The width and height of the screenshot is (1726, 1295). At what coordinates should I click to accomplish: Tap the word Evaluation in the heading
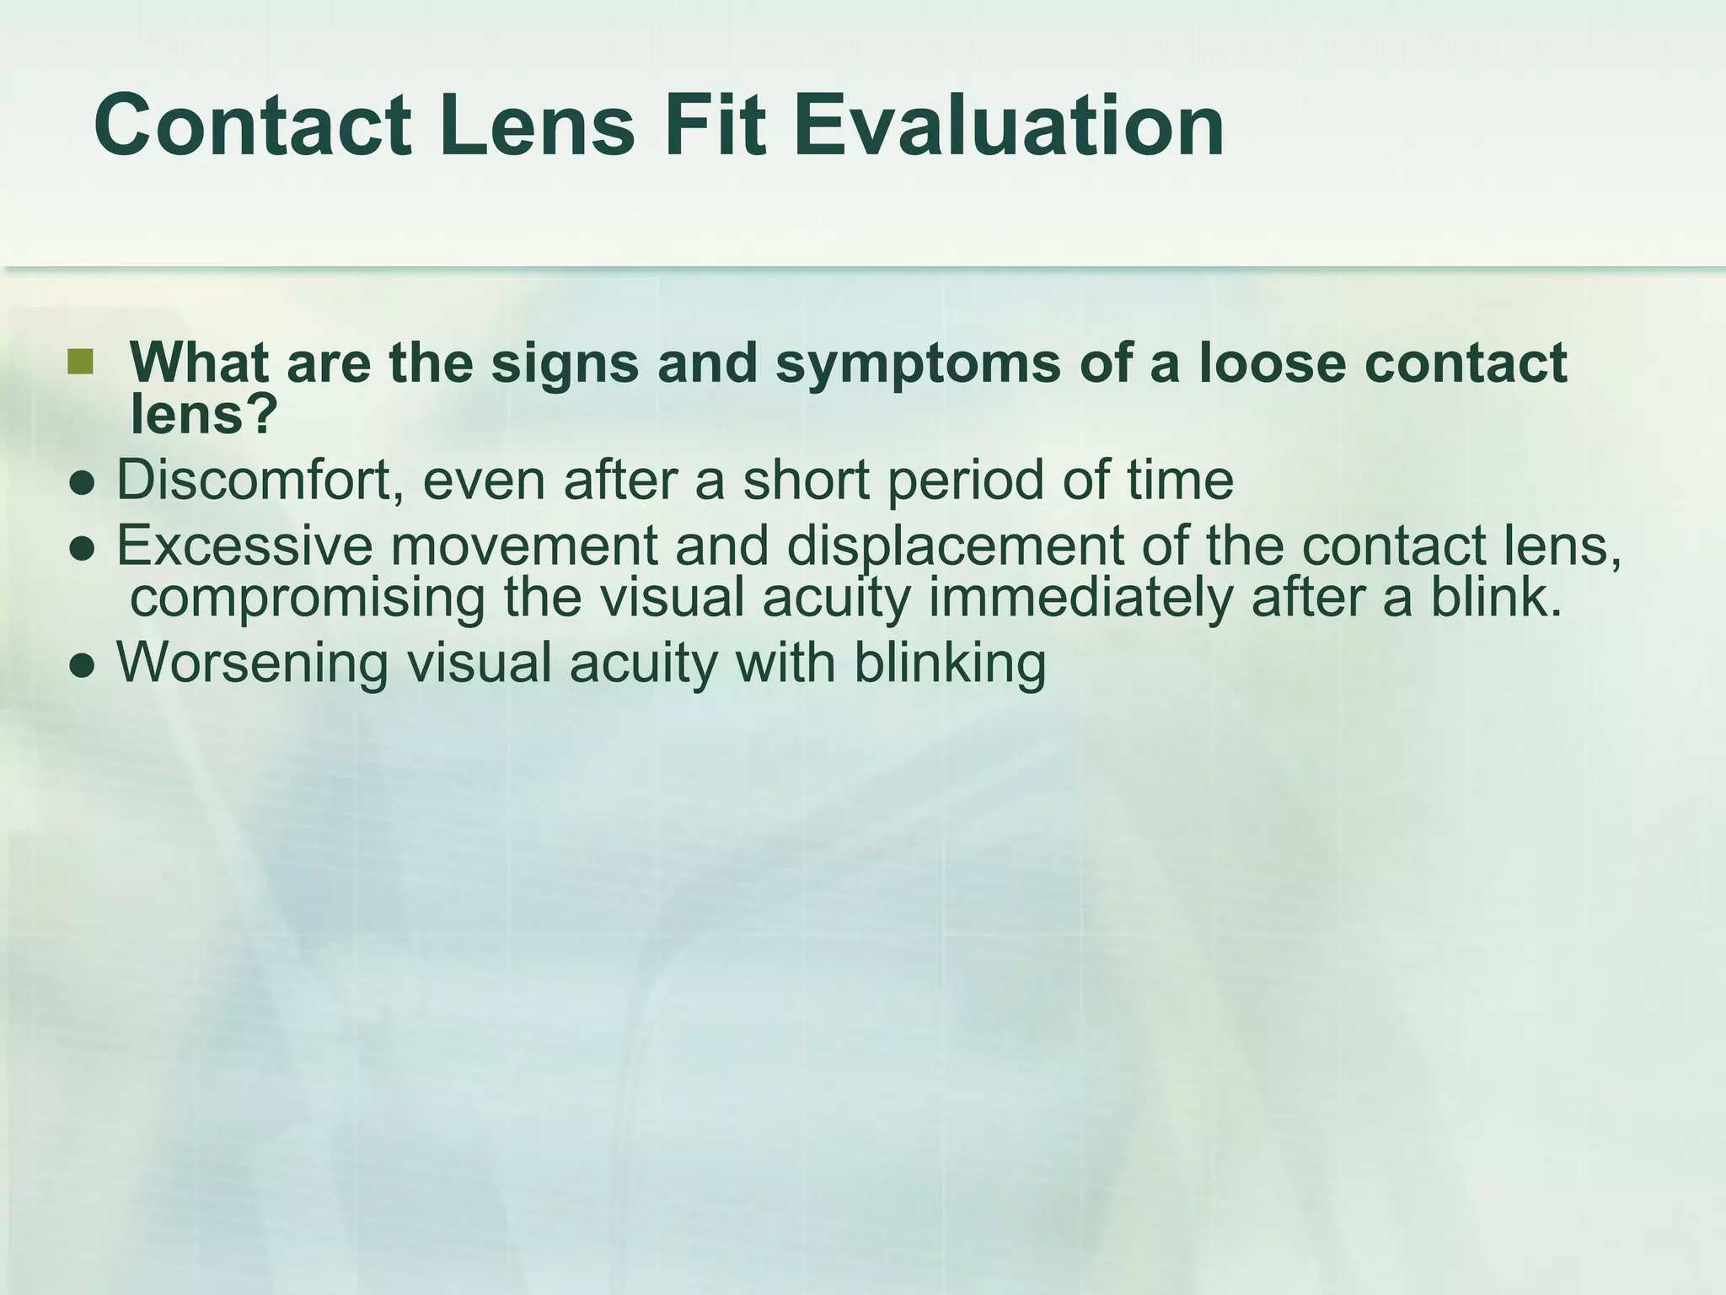pos(1009,126)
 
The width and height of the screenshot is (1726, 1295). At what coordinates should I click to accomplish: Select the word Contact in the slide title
pos(253,126)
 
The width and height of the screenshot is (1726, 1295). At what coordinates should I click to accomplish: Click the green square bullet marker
pos(79,362)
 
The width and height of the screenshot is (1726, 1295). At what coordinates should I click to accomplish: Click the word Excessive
pos(244,545)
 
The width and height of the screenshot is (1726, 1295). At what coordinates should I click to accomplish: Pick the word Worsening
pos(252,663)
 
